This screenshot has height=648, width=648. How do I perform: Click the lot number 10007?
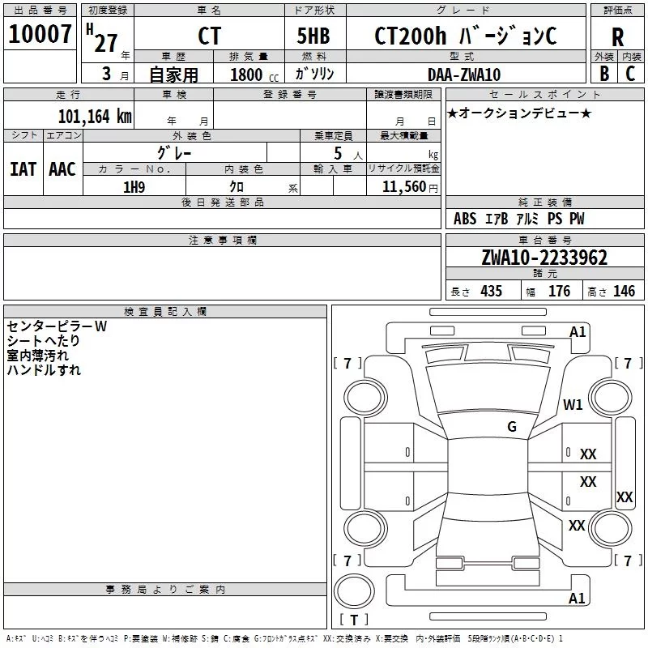tap(40, 34)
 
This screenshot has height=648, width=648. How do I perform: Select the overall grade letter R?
tap(617, 37)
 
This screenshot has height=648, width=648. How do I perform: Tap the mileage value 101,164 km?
tap(95, 117)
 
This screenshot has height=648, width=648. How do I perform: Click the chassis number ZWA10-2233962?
tap(544, 258)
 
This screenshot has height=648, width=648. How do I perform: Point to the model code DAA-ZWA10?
tap(464, 75)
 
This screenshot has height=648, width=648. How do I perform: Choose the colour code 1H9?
tap(134, 187)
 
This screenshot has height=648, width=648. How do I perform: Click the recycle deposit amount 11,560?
tap(403, 187)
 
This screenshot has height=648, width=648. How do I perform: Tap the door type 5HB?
tap(313, 36)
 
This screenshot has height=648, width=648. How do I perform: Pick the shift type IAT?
tap(23, 169)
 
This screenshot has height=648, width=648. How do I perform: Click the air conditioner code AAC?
tap(62, 169)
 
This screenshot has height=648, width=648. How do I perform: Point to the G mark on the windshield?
tap(512, 427)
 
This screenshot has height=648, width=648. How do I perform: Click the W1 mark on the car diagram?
tap(573, 404)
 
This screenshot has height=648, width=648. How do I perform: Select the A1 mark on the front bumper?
tap(578, 332)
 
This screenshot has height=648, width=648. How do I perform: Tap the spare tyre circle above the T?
tap(354, 591)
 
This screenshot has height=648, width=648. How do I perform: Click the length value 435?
tap(491, 291)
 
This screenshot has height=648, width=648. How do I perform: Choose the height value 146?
tap(624, 291)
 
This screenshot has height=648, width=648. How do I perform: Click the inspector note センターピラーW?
tap(57, 326)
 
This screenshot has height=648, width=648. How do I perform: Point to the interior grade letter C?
tap(630, 74)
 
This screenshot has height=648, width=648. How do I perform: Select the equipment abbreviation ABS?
tap(465, 219)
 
